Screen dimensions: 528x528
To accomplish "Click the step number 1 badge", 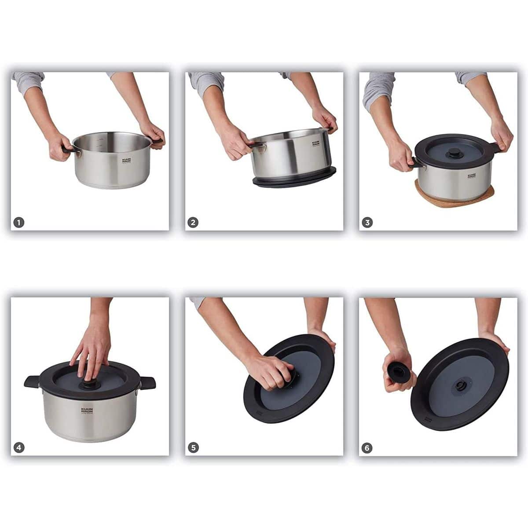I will (x=18, y=223).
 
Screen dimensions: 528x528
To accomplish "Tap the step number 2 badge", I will (x=193, y=223).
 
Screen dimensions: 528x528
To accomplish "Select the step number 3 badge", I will (x=367, y=223).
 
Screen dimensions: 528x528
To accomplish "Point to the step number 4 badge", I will (x=18, y=448).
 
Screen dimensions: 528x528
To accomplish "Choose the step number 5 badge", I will (x=193, y=448).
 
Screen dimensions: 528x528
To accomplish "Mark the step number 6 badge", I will (x=367, y=448).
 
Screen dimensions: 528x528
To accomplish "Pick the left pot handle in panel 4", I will (x=32, y=381).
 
